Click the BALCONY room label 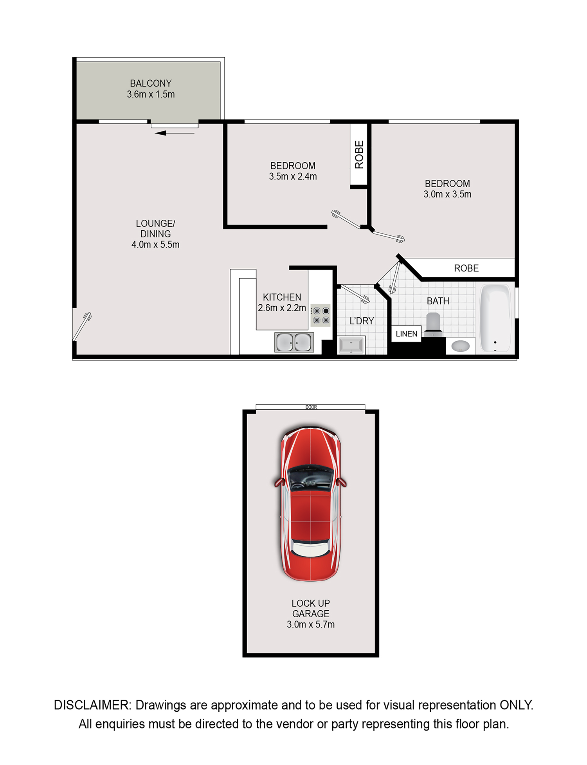coord(151,83)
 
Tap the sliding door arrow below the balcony coord(175,133)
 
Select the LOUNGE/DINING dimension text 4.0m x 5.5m coord(155,245)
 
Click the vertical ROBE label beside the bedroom coord(359,154)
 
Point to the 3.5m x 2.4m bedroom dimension coord(293,177)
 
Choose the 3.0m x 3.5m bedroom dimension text coord(447,194)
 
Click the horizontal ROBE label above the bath coord(466,268)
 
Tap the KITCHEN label coord(282,297)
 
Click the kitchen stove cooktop coord(321,315)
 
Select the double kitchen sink coord(294,342)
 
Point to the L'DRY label coord(362,321)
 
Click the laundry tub coord(351,345)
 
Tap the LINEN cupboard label coord(406,334)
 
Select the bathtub coord(495,318)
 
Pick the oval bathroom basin coord(460,346)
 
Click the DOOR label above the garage coord(311,407)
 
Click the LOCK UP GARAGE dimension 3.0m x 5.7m coord(311,625)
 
